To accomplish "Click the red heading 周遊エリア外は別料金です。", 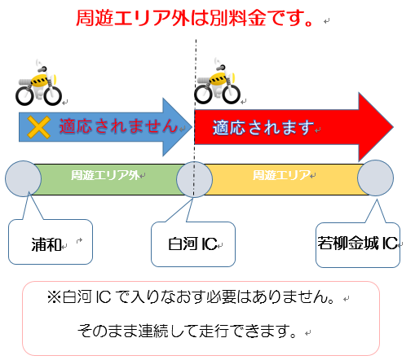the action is [x=195, y=18].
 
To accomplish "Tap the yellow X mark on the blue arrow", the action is [x=38, y=127].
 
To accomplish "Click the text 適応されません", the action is [x=118, y=126].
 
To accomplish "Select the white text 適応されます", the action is [x=263, y=128].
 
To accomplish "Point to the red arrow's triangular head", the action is [x=375, y=127].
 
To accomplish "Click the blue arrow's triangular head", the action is [x=177, y=127].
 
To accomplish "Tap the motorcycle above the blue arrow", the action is [x=39, y=83].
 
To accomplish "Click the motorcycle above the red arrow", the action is [x=218, y=81].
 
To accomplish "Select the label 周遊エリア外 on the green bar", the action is [x=105, y=175].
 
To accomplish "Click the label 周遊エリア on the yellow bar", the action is [x=281, y=175].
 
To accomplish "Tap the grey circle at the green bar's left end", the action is [x=24, y=178].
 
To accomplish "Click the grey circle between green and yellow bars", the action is [x=194, y=179].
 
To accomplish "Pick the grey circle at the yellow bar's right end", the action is [x=375, y=178].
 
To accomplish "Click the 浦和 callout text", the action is [x=46, y=244].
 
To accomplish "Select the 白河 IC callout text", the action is [x=192, y=244].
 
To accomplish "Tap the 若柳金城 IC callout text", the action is [x=358, y=243].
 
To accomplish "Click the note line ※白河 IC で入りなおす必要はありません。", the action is [x=191, y=296].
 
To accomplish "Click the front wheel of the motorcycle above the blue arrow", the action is [x=53, y=96].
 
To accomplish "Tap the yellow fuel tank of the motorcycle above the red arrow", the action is [x=219, y=77].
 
